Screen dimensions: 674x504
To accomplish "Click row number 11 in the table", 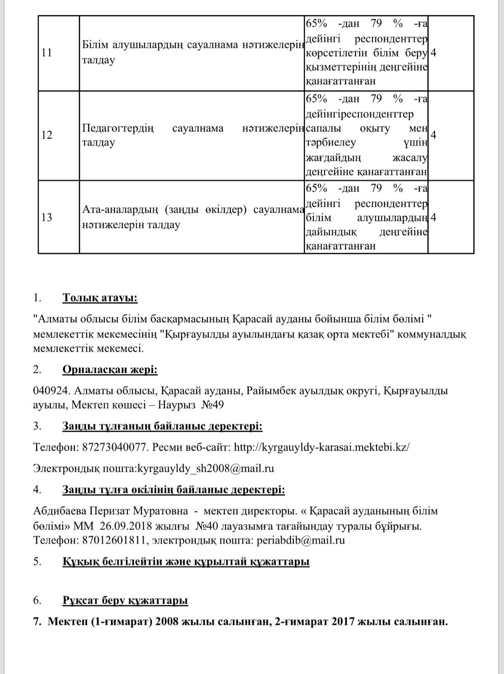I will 47,53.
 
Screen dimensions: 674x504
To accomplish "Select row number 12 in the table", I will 47,135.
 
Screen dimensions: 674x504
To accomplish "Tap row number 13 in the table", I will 47,217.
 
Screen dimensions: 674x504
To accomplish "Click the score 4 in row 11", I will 434,53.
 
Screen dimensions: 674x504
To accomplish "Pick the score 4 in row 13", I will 434,217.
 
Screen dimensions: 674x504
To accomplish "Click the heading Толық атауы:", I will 100,298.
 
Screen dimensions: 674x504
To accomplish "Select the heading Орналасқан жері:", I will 110,370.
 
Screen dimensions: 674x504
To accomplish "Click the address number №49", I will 213,405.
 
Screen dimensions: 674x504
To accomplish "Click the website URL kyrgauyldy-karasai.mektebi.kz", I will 321,447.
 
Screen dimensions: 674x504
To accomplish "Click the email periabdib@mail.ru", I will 301,540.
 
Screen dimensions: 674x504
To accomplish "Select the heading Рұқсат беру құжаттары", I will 125,600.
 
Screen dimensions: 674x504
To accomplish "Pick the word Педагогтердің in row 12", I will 118,128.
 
